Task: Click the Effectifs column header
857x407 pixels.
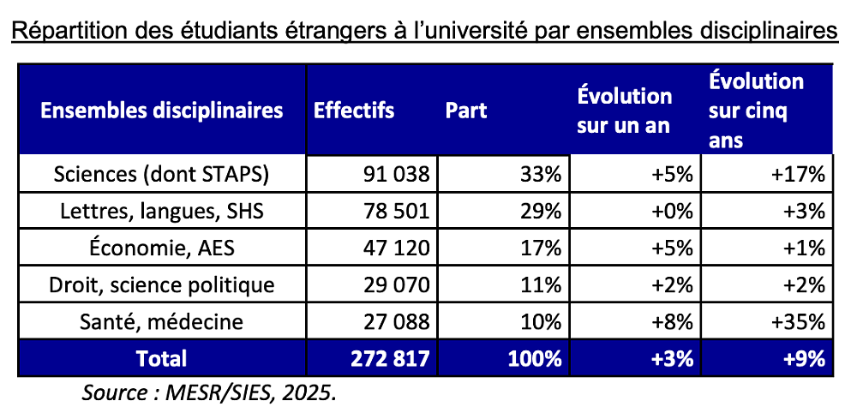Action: pyautogui.click(x=354, y=111)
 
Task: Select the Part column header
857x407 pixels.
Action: pyautogui.click(x=465, y=111)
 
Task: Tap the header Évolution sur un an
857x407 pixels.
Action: pyautogui.click(x=624, y=111)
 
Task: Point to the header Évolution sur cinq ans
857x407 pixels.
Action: pyautogui.click(x=756, y=111)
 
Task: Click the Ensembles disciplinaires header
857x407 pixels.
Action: pyautogui.click(x=162, y=111)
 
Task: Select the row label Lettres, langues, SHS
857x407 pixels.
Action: pyautogui.click(x=162, y=212)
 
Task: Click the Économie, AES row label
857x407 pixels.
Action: pyautogui.click(x=162, y=248)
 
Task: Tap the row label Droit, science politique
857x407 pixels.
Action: pyautogui.click(x=162, y=284)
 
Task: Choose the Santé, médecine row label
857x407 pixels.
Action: pyautogui.click(x=162, y=321)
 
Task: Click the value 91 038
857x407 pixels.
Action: pyautogui.click(x=396, y=175)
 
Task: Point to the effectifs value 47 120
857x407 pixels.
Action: pyautogui.click(x=396, y=248)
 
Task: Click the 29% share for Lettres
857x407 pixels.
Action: pyautogui.click(x=541, y=212)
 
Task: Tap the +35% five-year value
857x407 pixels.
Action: pyautogui.click(x=797, y=322)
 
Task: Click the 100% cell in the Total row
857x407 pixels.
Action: pyautogui.click(x=535, y=359)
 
